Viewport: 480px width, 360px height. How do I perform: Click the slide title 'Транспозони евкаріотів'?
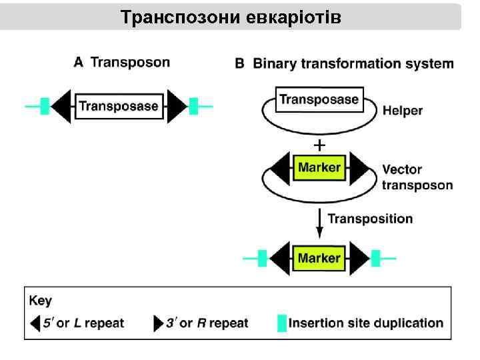point(231,17)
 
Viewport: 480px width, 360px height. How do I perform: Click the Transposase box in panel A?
point(119,105)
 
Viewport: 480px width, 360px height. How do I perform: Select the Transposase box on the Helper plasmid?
point(319,100)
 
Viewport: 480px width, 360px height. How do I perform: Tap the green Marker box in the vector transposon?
point(319,167)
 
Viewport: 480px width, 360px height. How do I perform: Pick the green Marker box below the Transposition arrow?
point(319,258)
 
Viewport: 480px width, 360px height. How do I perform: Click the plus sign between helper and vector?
point(319,144)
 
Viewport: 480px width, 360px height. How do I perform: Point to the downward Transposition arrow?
point(319,223)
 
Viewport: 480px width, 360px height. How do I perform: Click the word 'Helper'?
point(403,111)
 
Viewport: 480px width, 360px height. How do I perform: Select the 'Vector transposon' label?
point(417,177)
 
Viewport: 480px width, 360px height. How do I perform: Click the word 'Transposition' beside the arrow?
point(370,219)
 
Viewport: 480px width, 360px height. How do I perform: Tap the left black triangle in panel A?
point(62,106)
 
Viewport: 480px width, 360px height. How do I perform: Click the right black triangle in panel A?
point(177,106)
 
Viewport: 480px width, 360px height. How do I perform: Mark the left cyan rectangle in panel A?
point(45,105)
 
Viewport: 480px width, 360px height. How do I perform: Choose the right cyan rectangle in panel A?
point(193,105)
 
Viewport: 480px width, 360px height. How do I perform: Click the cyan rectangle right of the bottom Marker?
point(375,258)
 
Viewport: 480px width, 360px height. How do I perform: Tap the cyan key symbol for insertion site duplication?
point(282,323)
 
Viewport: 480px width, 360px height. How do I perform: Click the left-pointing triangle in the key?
point(35,323)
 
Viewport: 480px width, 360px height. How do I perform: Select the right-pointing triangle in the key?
point(158,323)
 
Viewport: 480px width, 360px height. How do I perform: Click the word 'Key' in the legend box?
point(40,301)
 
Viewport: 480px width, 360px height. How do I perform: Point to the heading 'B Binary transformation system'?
point(344,64)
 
